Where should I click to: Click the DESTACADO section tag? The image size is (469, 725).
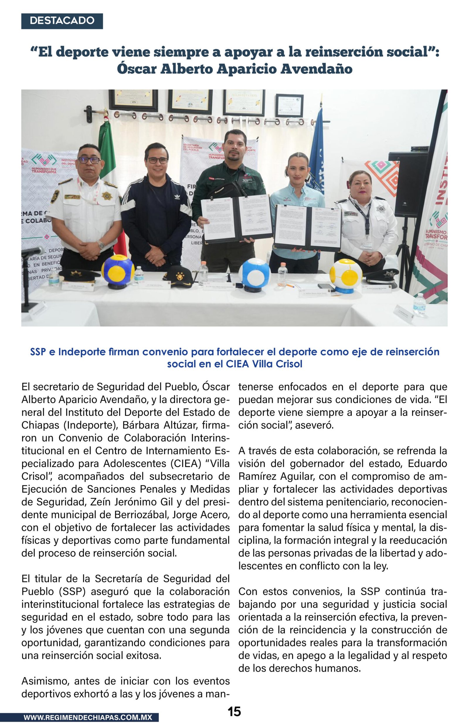click(x=62, y=21)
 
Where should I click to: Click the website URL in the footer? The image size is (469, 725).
click(x=88, y=717)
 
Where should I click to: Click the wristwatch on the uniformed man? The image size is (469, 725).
click(x=101, y=245)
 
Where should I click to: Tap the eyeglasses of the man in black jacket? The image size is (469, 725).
click(x=157, y=160)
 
